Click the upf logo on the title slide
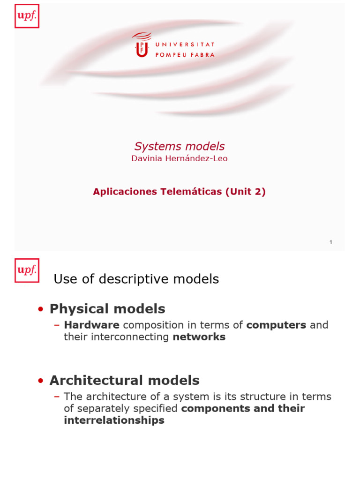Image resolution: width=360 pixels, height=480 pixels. coord(27,16)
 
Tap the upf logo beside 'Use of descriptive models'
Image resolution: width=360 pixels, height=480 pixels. coord(27,270)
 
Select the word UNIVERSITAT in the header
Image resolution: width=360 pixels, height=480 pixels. coord(185,45)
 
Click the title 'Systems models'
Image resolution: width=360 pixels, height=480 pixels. coord(180,146)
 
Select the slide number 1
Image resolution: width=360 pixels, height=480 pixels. coord(330,242)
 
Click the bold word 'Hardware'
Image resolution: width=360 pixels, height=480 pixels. coord(92,325)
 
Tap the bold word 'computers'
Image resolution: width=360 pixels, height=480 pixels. coord(276,325)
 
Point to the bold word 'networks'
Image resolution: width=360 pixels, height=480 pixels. coord(199,337)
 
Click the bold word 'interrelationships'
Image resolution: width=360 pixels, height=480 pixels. coord(114,420)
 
